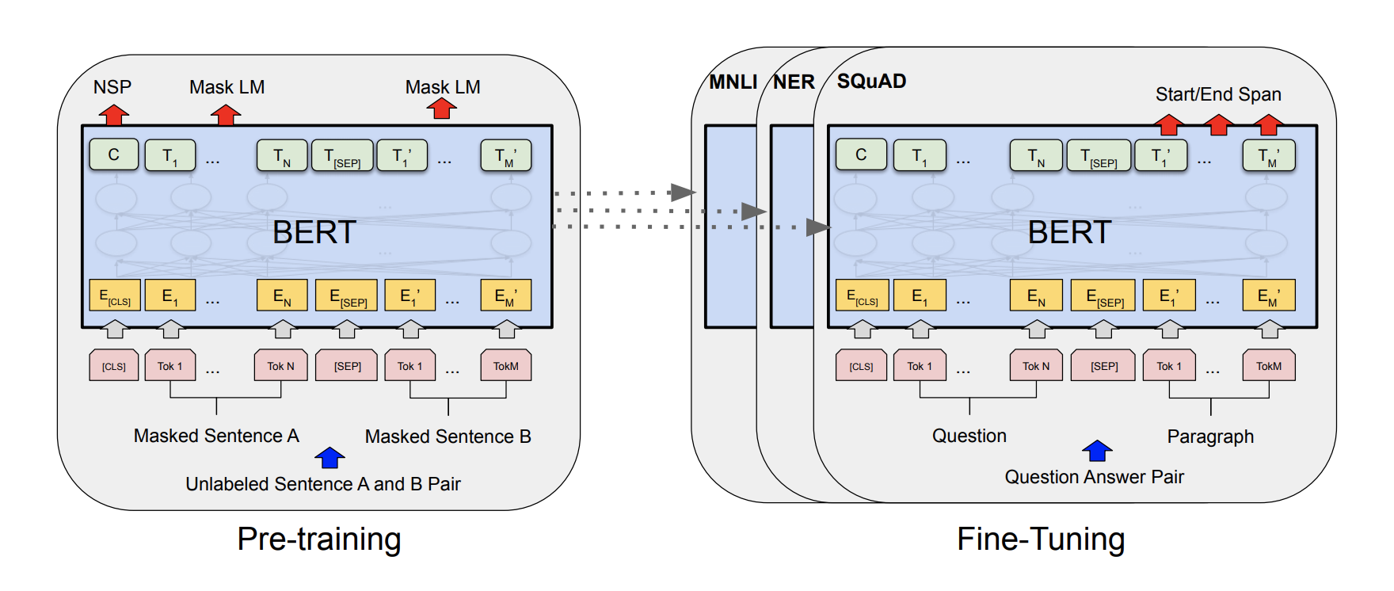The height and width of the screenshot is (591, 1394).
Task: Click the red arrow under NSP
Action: pyautogui.click(x=114, y=115)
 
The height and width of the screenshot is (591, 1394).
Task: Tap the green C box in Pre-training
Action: pyautogui.click(x=114, y=154)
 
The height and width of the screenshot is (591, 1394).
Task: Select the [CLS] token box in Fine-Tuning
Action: pyautogui.click(x=861, y=366)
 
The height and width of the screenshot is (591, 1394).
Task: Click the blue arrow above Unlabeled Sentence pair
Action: pyautogui.click(x=329, y=458)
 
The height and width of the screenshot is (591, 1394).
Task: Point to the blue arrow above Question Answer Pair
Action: pyautogui.click(x=1097, y=451)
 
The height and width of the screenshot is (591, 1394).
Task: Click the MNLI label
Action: pyautogui.click(x=733, y=82)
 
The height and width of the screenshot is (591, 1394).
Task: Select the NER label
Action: pyautogui.click(x=794, y=82)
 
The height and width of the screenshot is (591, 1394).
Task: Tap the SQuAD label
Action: pyautogui.click(x=871, y=81)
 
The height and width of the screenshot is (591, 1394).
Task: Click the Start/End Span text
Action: pyautogui.click(x=1218, y=94)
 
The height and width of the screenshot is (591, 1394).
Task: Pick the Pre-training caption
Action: pyautogui.click(x=319, y=539)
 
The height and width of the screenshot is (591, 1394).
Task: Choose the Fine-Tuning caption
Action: pyautogui.click(x=1041, y=539)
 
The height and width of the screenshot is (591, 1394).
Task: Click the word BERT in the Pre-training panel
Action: pyautogui.click(x=314, y=232)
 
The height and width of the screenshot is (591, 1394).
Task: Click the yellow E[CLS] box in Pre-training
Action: pyautogui.click(x=115, y=295)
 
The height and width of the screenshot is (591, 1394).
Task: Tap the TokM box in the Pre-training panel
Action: pyautogui.click(x=506, y=366)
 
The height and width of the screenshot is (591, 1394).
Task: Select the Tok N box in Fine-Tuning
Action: pyautogui.click(x=1036, y=366)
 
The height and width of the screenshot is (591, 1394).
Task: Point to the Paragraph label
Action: pyautogui.click(x=1210, y=437)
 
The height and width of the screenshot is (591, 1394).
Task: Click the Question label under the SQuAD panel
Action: pyautogui.click(x=969, y=436)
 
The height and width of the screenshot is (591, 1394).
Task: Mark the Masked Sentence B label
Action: pyautogui.click(x=448, y=437)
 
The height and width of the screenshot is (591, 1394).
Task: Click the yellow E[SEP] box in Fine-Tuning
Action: pyautogui.click(x=1104, y=295)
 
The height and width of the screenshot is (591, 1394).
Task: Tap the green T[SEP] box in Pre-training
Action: pyautogui.click(x=342, y=155)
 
